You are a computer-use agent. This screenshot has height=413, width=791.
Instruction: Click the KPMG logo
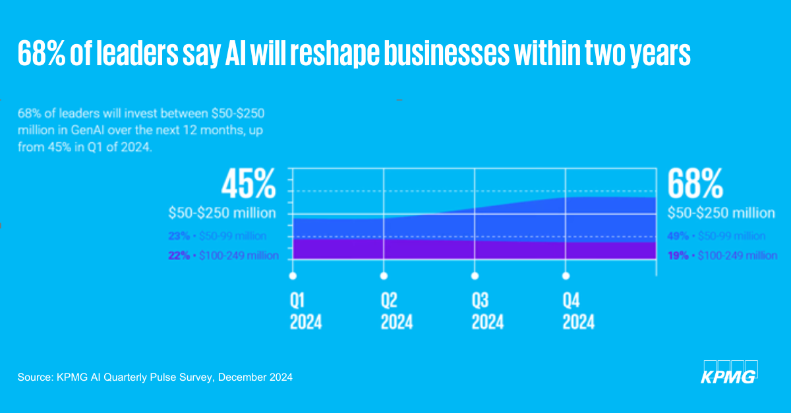729,372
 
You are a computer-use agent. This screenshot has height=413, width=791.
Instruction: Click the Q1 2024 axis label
307,312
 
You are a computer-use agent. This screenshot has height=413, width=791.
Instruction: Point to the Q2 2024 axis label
397,312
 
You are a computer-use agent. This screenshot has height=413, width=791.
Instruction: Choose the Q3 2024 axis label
488,312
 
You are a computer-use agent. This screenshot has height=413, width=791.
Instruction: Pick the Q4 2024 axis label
578,312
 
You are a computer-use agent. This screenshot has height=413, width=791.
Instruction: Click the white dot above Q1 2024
293,276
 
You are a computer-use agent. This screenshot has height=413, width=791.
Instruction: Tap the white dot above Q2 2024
384,276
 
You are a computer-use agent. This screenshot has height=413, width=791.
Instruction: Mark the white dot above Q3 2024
475,276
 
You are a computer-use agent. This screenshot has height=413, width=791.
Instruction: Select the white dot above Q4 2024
565,276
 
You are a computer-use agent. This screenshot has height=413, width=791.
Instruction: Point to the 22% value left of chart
179,256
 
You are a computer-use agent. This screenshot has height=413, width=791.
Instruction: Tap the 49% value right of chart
678,236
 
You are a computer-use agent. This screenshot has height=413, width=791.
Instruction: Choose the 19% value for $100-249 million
678,256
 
